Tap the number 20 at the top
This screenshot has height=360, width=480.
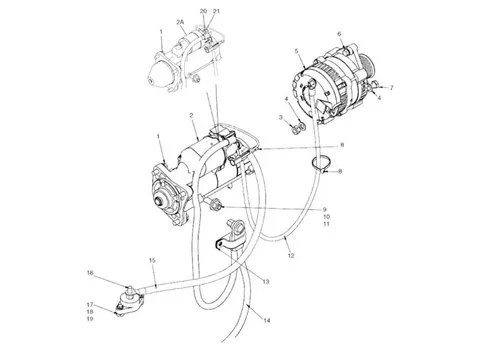203,9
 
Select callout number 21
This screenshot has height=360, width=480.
218,9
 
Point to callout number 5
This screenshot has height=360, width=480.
297,49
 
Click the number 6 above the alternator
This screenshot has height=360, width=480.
340,33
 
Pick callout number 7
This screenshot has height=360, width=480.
391,88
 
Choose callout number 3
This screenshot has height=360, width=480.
282,117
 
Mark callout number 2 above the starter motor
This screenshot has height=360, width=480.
191,117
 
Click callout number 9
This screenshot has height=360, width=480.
323,209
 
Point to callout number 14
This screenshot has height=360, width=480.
266,320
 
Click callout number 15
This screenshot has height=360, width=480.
152,261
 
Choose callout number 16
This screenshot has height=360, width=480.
89,272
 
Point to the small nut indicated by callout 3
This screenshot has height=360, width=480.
297,127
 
